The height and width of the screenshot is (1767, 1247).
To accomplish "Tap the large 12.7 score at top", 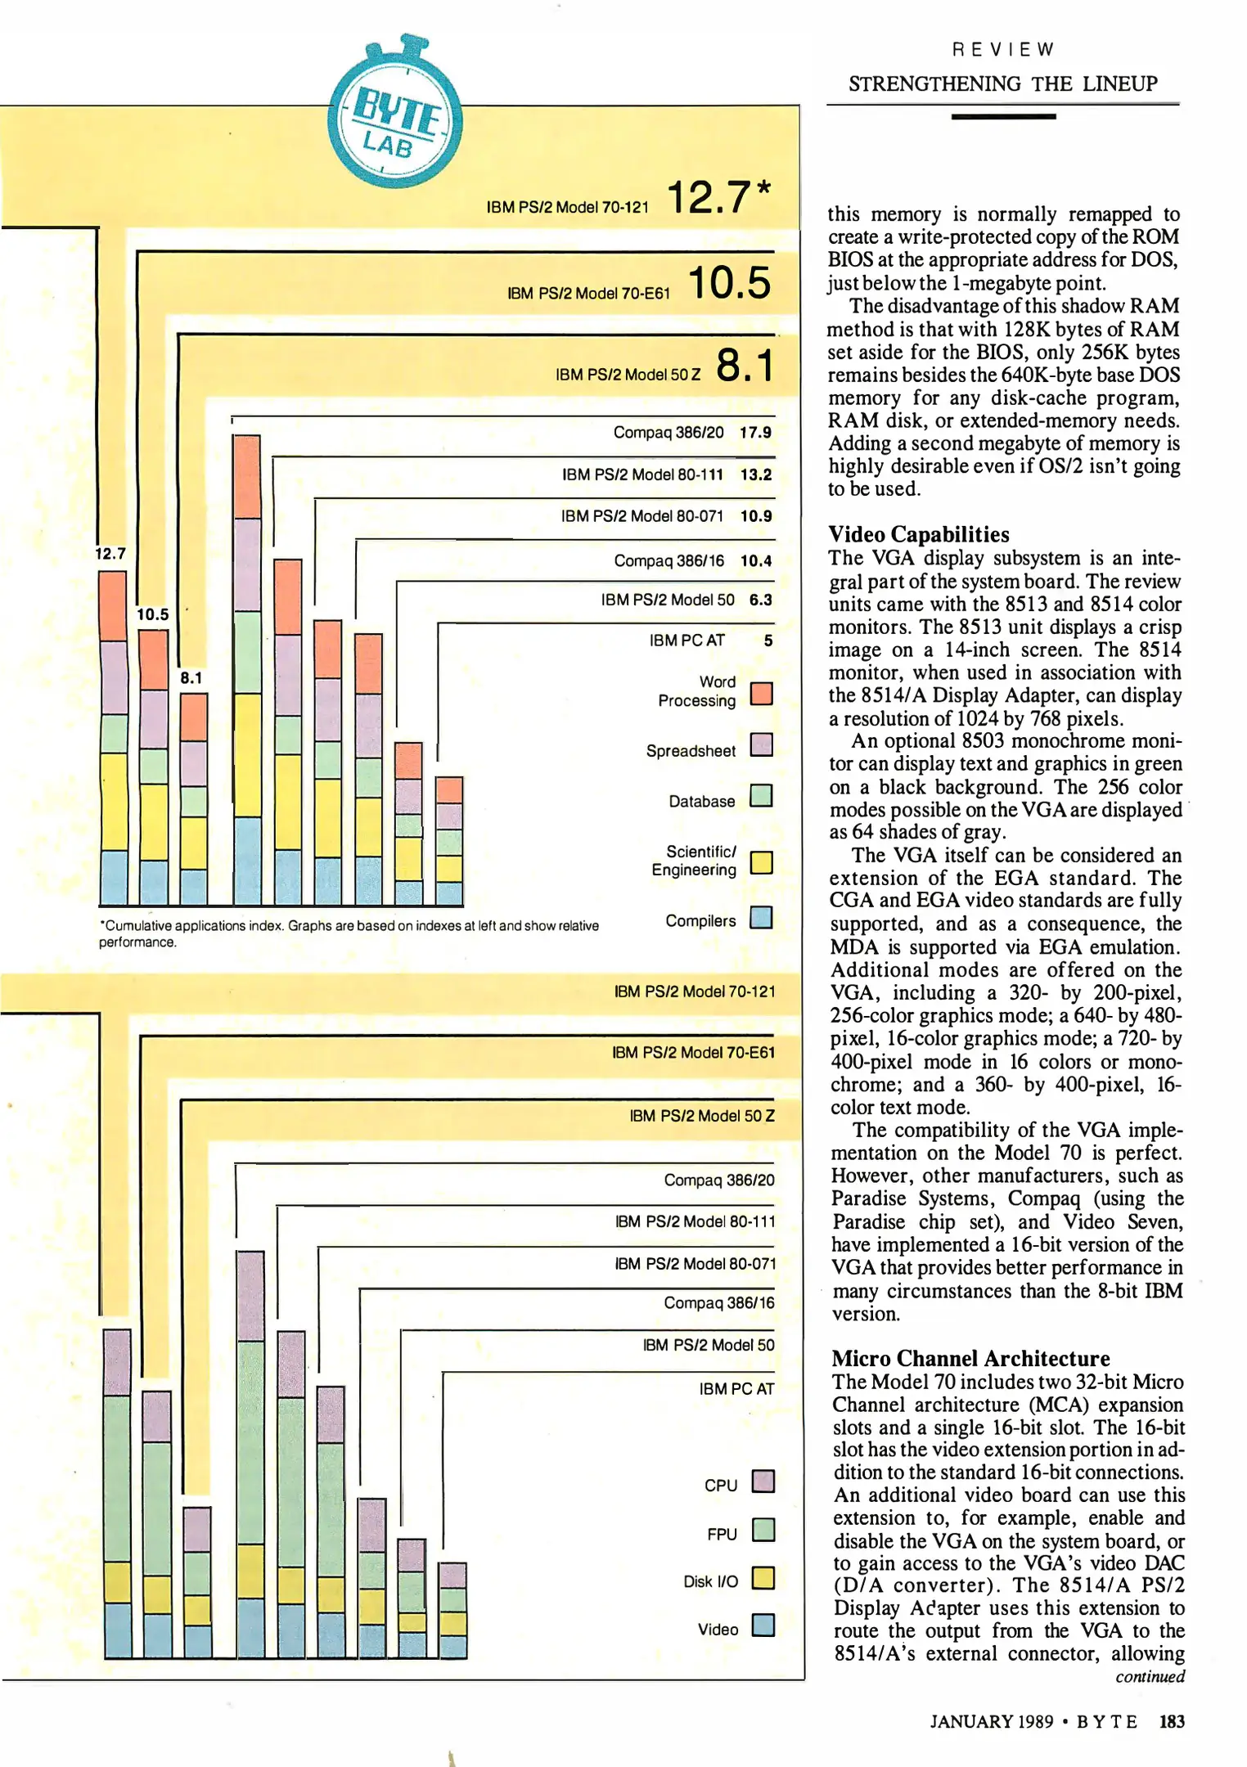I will click(709, 198).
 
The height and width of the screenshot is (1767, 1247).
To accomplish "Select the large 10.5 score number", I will click(730, 283).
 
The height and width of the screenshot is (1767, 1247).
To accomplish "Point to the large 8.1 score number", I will click(744, 365).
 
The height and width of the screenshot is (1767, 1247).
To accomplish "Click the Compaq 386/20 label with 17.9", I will click(669, 432).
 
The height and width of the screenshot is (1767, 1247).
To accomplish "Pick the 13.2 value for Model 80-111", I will click(755, 474).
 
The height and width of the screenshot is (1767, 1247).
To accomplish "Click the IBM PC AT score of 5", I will click(768, 641).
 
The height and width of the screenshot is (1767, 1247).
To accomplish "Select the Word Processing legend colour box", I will click(761, 694).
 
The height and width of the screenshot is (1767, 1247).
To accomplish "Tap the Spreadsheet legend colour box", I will click(761, 745).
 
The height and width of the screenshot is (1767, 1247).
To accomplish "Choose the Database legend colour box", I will click(761, 796).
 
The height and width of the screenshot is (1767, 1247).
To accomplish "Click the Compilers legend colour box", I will click(761, 918).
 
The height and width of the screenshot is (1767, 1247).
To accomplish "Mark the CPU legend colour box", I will click(763, 1481).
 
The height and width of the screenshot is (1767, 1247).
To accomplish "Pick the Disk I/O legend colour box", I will click(763, 1578).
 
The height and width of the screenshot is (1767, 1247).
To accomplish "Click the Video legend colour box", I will click(763, 1625).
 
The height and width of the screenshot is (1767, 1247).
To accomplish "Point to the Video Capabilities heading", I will click(919, 534).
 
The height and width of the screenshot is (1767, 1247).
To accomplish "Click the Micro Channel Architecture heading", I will click(970, 1359).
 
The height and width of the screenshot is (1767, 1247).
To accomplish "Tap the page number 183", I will click(1172, 1721).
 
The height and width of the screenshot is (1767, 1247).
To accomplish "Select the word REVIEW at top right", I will click(1003, 50).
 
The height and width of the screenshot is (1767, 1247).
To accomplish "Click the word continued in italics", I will click(1150, 1677).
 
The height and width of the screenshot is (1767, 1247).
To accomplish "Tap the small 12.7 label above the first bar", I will click(110, 554).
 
